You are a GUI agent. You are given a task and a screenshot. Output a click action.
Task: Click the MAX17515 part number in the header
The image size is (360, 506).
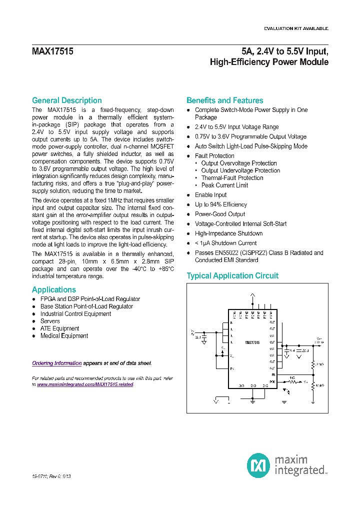(53, 51)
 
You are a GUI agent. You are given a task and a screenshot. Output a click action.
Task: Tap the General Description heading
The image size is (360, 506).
(66, 100)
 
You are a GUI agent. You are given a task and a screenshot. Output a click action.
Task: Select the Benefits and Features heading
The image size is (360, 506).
(224, 100)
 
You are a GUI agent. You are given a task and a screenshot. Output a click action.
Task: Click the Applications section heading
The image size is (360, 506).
(54, 290)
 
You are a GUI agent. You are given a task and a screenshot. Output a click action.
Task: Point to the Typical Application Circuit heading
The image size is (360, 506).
(232, 276)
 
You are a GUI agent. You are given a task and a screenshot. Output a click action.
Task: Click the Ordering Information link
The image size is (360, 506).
(56, 363)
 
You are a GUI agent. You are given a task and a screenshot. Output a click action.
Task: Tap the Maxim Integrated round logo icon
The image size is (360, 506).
(258, 465)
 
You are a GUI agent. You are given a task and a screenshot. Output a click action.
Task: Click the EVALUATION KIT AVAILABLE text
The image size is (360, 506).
(296, 28)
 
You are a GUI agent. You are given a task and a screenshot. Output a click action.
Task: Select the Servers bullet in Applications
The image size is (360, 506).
(50, 321)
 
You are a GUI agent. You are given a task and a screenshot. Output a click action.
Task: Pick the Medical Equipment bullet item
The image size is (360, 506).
(64, 336)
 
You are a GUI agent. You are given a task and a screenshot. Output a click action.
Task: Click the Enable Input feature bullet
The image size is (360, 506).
(210, 195)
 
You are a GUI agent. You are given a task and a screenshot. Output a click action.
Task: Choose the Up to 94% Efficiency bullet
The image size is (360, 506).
(220, 204)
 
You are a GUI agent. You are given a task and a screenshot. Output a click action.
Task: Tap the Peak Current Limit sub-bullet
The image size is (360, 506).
(224, 185)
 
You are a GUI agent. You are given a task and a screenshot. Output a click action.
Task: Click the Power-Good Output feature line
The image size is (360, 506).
(219, 214)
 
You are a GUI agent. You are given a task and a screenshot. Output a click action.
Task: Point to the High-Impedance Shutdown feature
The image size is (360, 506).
(228, 233)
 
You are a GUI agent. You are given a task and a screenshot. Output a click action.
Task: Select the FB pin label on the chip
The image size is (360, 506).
(273, 374)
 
